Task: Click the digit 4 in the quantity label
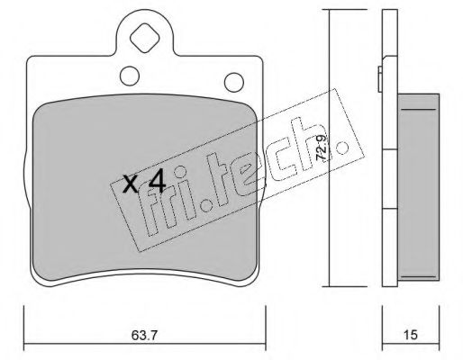point(156,183)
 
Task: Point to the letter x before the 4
point(130,185)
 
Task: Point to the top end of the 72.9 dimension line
point(328,12)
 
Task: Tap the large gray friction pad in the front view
point(90,225)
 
